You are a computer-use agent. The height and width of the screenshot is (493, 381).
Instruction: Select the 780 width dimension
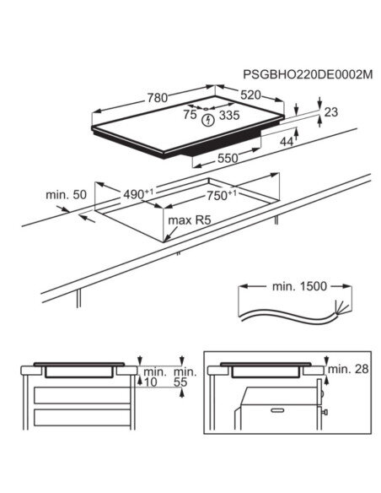pos(157,98)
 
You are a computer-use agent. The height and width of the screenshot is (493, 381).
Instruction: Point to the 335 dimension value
pos(230,116)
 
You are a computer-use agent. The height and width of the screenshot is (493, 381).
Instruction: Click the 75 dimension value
pos(190,116)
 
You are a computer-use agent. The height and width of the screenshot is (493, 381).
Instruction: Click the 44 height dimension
pos(286,143)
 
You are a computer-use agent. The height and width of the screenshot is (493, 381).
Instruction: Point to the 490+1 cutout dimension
pos(139,194)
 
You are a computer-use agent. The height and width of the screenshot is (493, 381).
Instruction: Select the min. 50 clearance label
pos(67,195)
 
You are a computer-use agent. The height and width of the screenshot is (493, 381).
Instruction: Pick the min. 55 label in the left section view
pos(185,377)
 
